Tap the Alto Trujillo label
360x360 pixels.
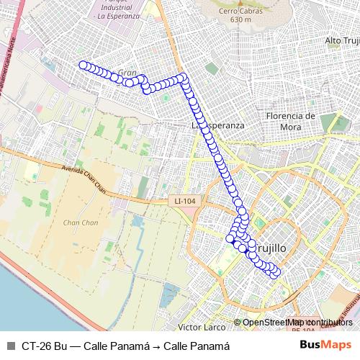(x=342, y=40)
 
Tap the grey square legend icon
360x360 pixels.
(x=10, y=346)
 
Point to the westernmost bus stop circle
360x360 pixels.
(x=83, y=65)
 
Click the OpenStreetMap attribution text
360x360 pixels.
(x=297, y=323)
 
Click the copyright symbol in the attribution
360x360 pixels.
(x=237, y=323)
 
